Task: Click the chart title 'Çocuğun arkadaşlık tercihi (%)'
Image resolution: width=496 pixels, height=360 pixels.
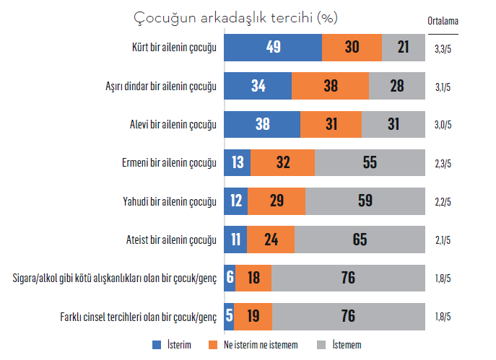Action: pos(236,17)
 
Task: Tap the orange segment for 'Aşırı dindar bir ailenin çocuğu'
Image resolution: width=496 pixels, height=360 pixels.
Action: pos(330,86)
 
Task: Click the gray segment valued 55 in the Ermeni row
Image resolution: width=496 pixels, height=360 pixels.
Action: pos(370,162)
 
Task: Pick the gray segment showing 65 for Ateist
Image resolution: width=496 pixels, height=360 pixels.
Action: pos(359,239)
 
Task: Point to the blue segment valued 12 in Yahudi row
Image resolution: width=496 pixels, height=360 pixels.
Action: pos(236,201)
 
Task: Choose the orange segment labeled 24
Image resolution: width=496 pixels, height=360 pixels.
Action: pos(271,239)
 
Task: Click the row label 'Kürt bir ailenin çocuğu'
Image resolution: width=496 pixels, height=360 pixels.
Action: pos(170,48)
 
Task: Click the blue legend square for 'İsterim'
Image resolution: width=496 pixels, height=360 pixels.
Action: pos(157,345)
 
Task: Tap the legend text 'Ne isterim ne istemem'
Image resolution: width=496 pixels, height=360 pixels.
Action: pos(261,345)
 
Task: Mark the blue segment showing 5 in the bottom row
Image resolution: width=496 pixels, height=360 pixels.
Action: pos(229,315)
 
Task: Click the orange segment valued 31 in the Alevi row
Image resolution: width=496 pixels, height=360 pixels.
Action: pos(331,124)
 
